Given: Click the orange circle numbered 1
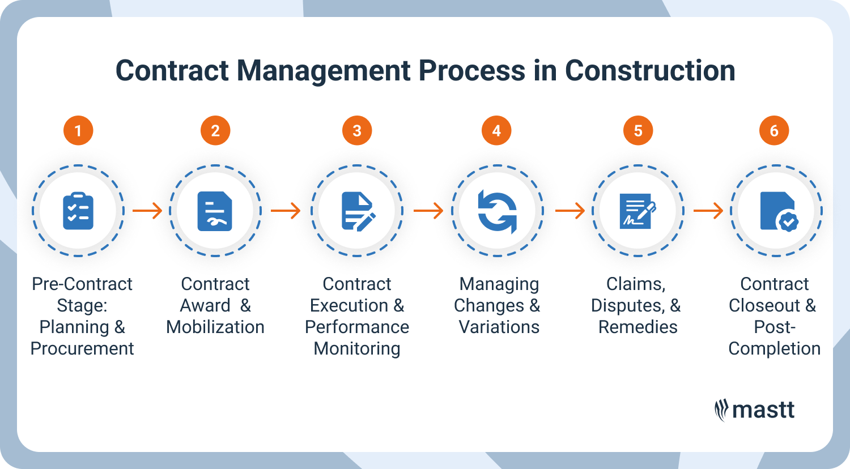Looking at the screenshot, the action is click(78, 131).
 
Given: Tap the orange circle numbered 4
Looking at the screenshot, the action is click(496, 131).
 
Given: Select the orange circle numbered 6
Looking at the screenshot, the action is click(774, 131).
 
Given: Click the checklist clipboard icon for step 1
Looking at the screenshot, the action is click(78, 211).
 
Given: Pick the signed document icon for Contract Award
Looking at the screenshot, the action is click(215, 211).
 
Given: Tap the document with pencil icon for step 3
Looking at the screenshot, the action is click(358, 211).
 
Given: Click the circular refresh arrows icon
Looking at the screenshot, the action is click(497, 211).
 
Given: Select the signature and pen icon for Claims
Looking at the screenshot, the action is click(637, 211).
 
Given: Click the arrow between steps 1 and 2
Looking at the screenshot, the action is click(147, 211).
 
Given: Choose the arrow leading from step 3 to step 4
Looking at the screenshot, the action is click(428, 211).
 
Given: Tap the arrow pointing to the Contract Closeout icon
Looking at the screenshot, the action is click(708, 211).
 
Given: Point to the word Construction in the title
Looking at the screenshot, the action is click(650, 71).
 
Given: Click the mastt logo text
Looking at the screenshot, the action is click(763, 410).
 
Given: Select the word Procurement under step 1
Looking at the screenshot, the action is click(82, 348).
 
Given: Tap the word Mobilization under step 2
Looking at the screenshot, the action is click(215, 327).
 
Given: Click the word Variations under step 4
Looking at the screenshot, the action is click(499, 327).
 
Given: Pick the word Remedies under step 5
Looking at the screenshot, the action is click(637, 327).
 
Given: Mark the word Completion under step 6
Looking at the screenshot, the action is click(774, 348).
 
